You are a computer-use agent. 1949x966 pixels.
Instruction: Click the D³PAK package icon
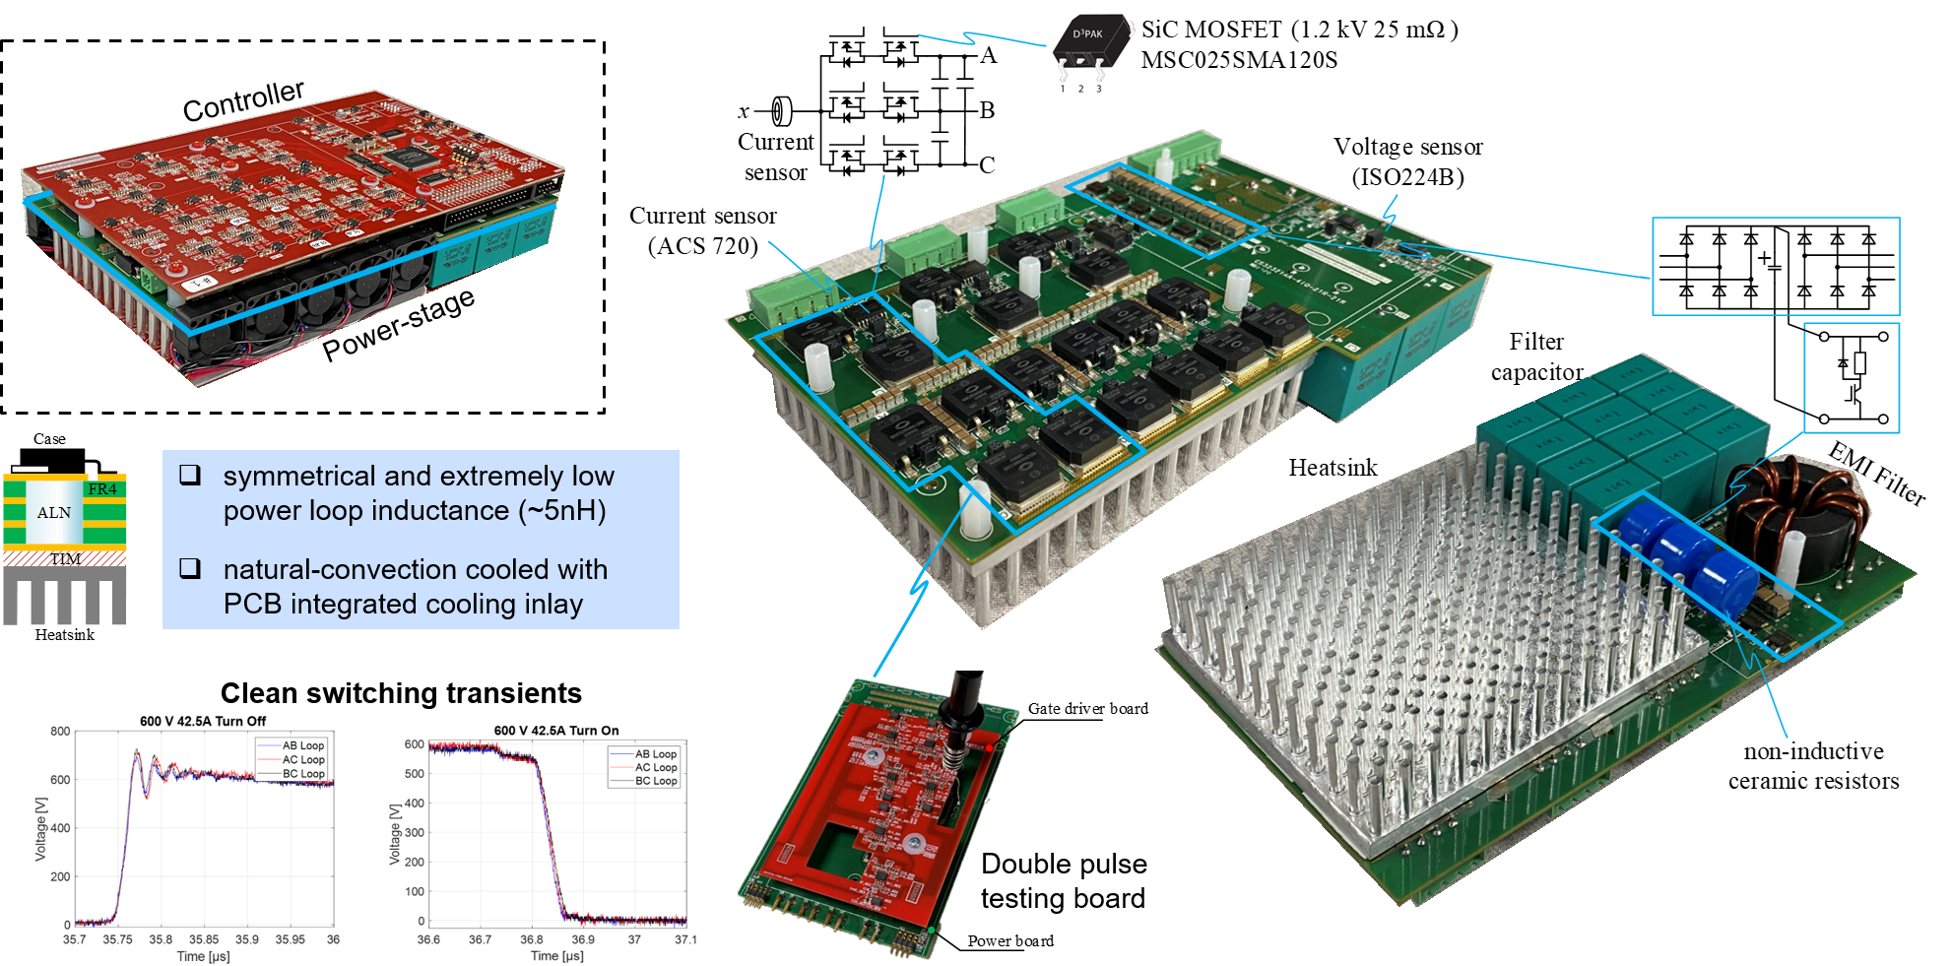point(1092,49)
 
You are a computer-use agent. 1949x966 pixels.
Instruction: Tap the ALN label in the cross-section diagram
point(53,513)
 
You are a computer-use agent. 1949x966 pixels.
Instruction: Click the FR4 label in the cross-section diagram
point(102,489)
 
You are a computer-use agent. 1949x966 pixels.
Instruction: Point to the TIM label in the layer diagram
point(65,558)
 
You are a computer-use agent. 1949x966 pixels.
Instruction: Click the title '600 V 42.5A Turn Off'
point(203,721)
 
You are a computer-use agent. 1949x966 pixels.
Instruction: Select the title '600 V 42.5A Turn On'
point(556,731)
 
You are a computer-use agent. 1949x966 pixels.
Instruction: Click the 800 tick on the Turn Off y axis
point(60,732)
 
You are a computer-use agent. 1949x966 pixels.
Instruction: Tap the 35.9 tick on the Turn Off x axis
point(247,939)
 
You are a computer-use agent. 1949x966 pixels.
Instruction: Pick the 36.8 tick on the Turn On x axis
point(532,939)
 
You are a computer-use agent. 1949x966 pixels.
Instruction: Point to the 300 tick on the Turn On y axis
point(414,833)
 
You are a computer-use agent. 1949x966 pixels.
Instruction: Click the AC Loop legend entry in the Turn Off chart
point(303,760)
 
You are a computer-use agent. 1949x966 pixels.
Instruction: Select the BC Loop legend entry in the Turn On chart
point(656,781)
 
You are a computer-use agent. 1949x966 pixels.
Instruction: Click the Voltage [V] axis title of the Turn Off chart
point(40,829)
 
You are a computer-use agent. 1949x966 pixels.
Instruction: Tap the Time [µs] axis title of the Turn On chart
point(557,955)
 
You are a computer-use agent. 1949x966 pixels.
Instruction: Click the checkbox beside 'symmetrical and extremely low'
point(190,476)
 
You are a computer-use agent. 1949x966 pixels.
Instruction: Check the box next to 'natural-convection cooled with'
point(190,568)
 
